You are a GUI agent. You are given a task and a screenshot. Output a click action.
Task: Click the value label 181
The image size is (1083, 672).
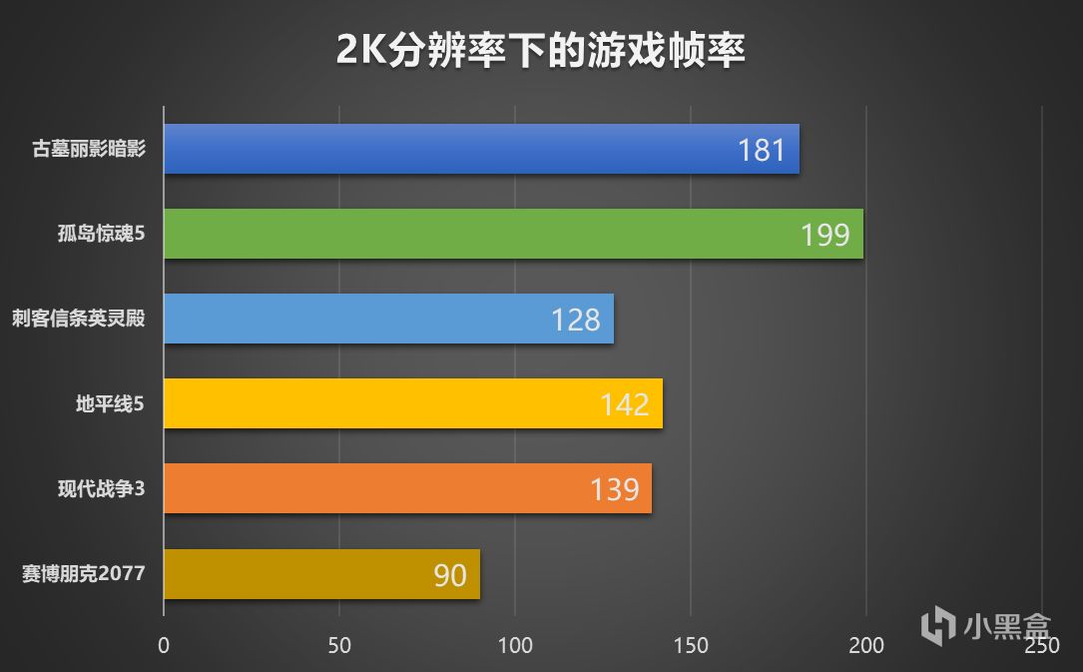763,151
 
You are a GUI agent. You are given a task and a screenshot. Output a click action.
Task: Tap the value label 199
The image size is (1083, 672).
824,236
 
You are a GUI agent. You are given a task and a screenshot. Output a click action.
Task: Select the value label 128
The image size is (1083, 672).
576,321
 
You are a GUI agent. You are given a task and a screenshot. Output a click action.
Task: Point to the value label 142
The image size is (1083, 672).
625,404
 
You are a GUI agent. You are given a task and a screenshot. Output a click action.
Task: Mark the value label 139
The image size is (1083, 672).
614,489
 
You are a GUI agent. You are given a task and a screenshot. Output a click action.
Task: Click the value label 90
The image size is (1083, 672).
450,575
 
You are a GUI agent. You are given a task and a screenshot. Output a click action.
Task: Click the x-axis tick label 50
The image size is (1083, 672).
339,646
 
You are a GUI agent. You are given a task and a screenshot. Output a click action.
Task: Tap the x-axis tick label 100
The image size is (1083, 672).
515,646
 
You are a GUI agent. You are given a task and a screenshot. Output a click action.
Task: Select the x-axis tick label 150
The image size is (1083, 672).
691,646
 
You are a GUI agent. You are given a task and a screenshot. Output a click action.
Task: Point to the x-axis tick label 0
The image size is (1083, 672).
164,646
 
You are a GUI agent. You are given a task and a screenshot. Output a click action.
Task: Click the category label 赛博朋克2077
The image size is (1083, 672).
84,574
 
